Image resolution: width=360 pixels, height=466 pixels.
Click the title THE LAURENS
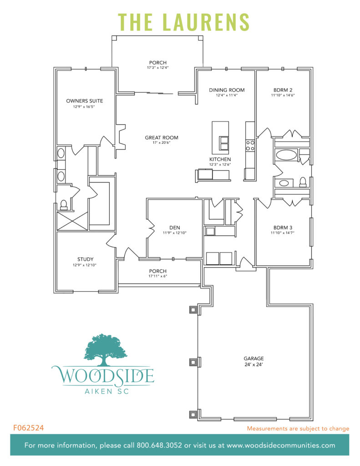click(x=184, y=21)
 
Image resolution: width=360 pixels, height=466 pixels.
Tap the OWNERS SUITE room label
click(x=84, y=101)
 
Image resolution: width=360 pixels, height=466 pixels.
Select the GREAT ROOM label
click(x=162, y=137)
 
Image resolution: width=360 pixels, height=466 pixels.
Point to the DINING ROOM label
click(x=227, y=90)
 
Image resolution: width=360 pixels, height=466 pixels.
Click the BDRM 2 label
click(x=283, y=90)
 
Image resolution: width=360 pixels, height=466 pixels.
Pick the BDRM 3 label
click(x=283, y=227)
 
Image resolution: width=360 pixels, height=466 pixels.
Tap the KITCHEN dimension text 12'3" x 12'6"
click(x=220, y=164)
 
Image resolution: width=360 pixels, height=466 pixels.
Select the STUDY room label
click(x=85, y=259)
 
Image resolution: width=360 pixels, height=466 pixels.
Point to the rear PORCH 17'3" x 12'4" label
click(x=157, y=67)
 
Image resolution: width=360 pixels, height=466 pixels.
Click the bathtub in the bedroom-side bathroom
click(x=286, y=155)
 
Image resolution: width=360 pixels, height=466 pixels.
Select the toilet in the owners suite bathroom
click(x=64, y=205)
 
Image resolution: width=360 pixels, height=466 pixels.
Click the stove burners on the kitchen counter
click(x=250, y=145)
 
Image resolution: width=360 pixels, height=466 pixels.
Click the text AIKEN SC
click(x=103, y=391)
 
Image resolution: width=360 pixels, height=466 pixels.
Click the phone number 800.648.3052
click(x=162, y=446)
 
